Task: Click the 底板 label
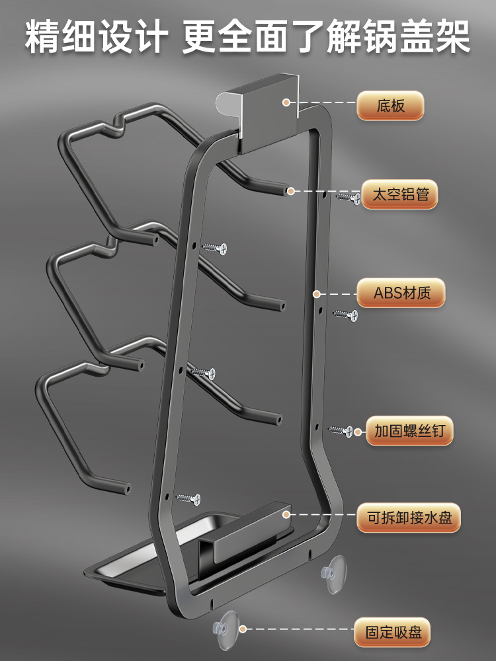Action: click(x=390, y=106)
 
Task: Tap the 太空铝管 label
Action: click(x=399, y=196)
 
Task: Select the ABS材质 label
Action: click(x=401, y=293)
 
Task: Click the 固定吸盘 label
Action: click(x=391, y=633)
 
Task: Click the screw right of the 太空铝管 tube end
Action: click(x=348, y=197)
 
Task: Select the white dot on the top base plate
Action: click(x=286, y=102)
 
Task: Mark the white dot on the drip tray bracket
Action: click(x=286, y=514)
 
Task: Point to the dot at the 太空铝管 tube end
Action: click(x=290, y=190)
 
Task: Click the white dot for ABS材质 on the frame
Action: click(x=317, y=293)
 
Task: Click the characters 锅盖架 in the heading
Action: click(x=427, y=38)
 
